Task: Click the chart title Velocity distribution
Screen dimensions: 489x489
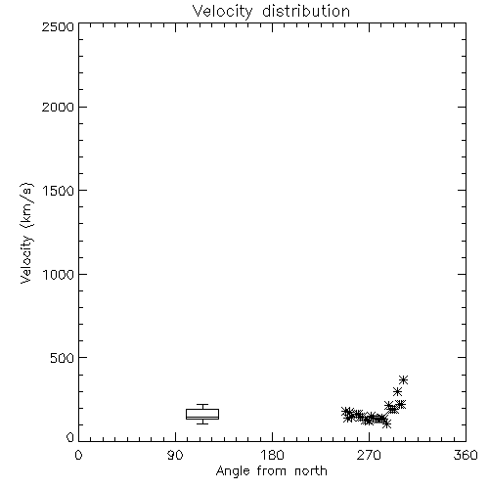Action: [271, 12]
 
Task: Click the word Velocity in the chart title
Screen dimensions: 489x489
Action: [222, 12]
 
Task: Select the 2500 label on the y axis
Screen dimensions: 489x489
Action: [58, 26]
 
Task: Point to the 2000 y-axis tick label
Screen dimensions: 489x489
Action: [58, 107]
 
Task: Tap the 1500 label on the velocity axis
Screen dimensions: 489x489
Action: [59, 191]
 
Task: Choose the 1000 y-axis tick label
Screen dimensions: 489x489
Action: [59, 275]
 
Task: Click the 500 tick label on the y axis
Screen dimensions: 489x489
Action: [63, 358]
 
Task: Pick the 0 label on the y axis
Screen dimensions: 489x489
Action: [70, 437]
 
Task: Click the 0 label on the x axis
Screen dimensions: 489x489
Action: [78, 455]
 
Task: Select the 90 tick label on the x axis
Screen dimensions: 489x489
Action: [175, 455]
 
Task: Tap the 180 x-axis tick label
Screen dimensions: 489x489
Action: [272, 455]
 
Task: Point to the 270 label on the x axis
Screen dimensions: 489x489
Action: [369, 455]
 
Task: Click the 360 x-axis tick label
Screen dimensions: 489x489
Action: [466, 455]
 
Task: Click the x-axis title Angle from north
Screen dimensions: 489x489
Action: [272, 471]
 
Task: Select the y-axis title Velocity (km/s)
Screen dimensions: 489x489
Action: [26, 233]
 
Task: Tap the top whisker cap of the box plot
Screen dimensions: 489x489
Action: [202, 405]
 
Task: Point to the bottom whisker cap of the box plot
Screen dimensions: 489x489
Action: [202, 423]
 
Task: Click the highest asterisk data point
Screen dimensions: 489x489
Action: [404, 379]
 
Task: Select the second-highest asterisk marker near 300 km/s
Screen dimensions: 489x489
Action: [397, 391]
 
